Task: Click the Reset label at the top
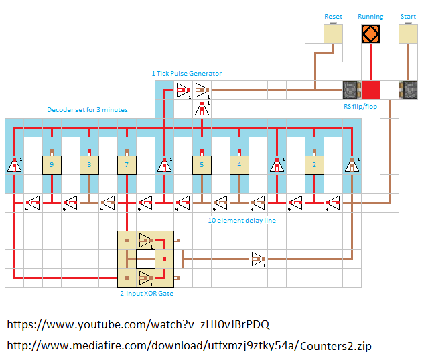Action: click(333, 16)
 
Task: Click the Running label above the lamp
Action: click(370, 16)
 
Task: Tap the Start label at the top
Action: click(407, 16)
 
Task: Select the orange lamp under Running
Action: click(370, 34)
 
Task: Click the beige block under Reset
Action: click(333, 34)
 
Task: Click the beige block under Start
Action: click(408, 34)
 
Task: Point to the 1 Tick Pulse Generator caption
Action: click(186, 73)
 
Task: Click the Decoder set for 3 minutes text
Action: click(87, 109)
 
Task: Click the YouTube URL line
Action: click(138, 325)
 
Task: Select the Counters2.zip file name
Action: click(336, 346)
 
